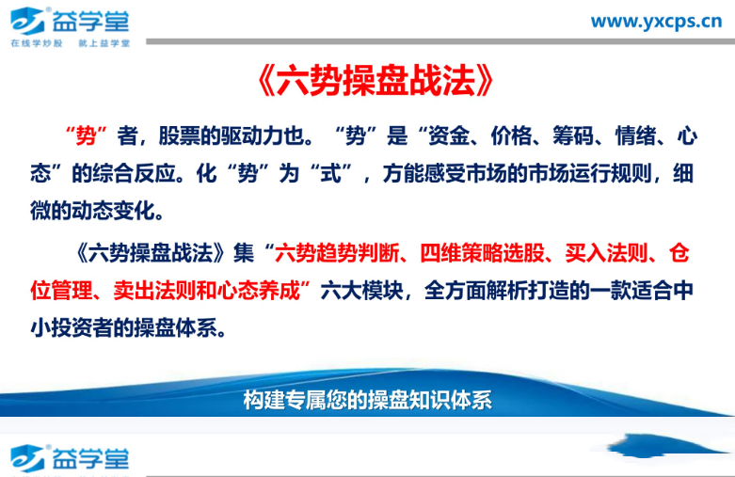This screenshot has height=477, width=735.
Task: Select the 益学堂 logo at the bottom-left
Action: (72, 457)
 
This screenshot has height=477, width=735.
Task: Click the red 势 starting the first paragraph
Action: (86, 136)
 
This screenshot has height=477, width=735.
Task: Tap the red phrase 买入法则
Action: (602, 253)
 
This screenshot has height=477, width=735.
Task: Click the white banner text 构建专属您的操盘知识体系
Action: (367, 400)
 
